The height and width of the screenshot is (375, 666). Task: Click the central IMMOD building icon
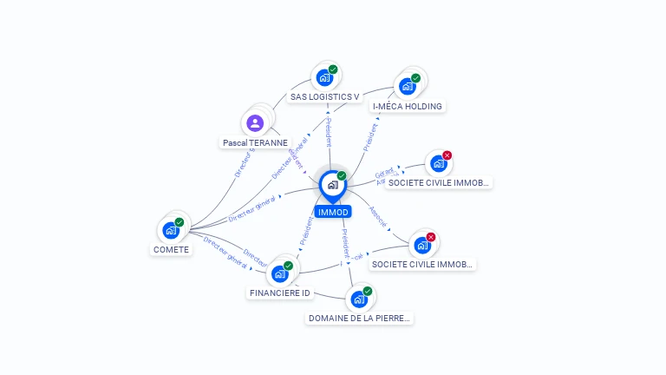[x=332, y=184]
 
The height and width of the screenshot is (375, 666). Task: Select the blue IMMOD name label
[x=333, y=212]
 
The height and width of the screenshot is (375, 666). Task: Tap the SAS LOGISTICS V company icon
[x=324, y=77]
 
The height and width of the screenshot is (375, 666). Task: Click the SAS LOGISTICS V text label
[x=324, y=96]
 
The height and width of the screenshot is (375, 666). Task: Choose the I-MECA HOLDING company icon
[x=407, y=86]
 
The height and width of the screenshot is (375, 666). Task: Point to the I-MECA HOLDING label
[x=407, y=106]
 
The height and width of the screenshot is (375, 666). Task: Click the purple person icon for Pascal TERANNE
[x=255, y=123]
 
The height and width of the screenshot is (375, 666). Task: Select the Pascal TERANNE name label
[x=255, y=142]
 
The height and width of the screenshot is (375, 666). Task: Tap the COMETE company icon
[x=171, y=230]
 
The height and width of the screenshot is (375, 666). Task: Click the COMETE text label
[x=171, y=249]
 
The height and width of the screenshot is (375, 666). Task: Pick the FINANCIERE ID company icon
[x=279, y=273]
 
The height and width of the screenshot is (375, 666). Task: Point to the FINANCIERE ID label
[x=279, y=293]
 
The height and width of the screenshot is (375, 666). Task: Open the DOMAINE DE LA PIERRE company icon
[x=359, y=299]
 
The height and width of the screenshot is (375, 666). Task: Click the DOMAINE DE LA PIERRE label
[x=359, y=319]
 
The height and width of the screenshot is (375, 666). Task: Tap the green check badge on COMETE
[x=180, y=222]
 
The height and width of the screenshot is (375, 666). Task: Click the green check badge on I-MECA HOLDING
[x=415, y=78]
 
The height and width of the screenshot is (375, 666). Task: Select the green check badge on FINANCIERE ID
[x=288, y=266]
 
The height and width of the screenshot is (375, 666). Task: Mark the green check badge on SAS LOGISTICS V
[x=333, y=69]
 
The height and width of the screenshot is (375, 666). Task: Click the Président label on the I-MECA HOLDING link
[x=371, y=137]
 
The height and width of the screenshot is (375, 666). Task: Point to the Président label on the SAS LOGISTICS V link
[x=329, y=130]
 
